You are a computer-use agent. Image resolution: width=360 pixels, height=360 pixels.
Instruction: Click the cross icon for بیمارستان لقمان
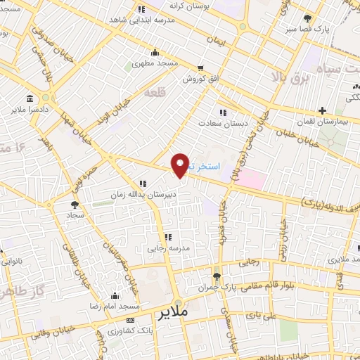[322, 110]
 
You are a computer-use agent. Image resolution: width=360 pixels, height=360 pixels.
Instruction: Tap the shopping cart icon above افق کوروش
[201, 68]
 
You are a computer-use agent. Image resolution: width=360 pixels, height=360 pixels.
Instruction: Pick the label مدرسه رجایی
[168, 247]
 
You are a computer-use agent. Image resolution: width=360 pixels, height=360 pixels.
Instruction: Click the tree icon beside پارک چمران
[217, 276]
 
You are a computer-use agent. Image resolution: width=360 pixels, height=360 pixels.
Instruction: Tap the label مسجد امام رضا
[115, 307]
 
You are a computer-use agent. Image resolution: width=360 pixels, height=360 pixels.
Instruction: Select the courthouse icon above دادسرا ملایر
[29, 98]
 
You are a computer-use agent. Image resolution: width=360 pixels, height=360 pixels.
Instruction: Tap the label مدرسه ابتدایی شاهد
[141, 21]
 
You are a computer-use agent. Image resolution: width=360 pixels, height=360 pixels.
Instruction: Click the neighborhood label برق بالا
[290, 77]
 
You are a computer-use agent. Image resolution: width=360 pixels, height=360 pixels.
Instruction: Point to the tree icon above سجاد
[75, 205]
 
